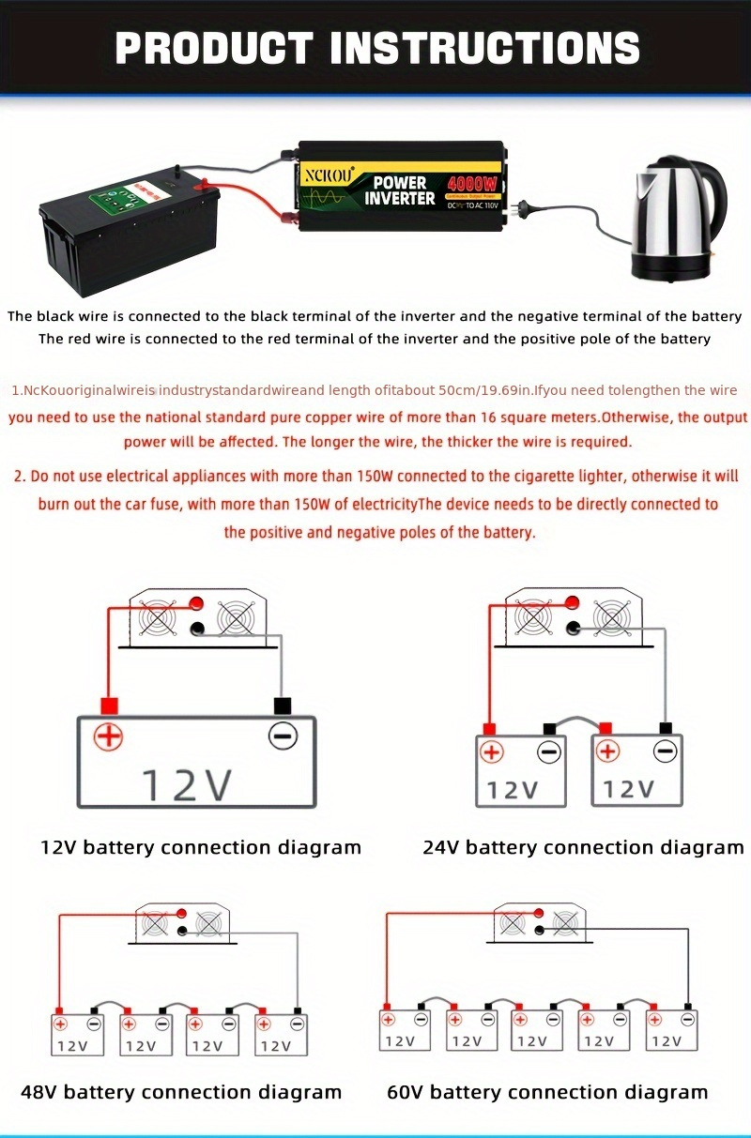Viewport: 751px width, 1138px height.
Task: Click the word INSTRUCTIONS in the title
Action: [485, 49]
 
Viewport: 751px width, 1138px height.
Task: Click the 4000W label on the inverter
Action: [473, 184]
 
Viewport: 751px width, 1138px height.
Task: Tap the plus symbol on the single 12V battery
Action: [109, 736]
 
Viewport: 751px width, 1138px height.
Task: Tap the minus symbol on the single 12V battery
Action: [283, 736]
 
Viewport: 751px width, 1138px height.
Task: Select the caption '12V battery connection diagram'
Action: [201, 847]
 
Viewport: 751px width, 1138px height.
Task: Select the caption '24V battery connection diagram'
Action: [583, 847]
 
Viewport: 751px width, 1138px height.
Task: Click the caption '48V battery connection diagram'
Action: [181, 1092]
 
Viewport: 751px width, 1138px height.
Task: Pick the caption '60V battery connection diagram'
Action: [547, 1092]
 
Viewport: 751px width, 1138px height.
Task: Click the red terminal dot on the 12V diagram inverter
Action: [196, 603]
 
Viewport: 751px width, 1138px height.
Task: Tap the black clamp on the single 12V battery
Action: [281, 706]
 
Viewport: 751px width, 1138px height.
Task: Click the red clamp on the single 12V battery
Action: [109, 706]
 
